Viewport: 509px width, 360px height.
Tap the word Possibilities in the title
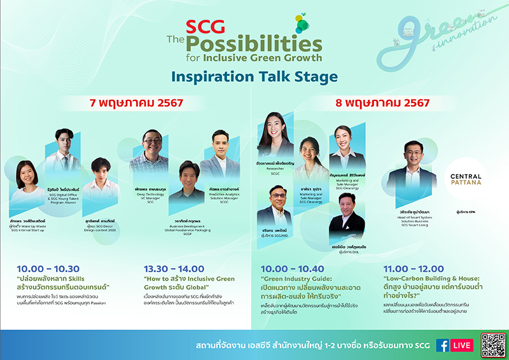click(x=253, y=43)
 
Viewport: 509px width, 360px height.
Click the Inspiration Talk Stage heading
click(x=254, y=78)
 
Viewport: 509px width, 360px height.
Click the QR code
click(x=493, y=345)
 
